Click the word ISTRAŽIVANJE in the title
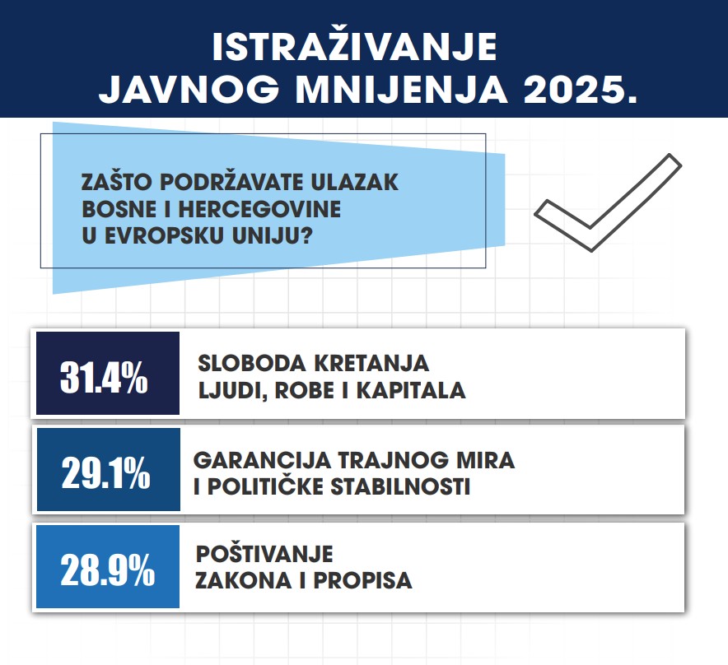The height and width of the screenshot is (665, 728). tap(354, 46)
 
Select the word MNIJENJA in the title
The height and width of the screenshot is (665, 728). tap(401, 89)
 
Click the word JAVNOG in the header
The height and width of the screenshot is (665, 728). tap(189, 89)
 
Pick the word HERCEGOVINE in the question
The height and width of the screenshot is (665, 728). tap(259, 209)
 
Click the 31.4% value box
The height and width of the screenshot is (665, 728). tap(108, 373)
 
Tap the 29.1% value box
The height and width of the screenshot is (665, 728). tap(108, 470)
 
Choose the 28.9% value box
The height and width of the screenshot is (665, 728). tap(108, 566)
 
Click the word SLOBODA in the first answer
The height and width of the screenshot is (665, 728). tap(250, 363)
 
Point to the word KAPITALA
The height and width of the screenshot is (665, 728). tap(410, 390)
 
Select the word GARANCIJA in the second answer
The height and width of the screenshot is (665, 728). tap(262, 460)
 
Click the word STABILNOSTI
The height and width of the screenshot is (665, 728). tap(400, 487)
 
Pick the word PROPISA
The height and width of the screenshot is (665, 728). tap(362, 580)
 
